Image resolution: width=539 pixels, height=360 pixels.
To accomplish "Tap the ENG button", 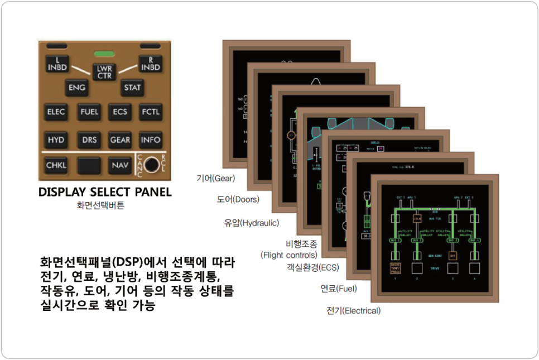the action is click(x=76, y=88).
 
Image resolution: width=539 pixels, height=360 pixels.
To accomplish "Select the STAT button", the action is click(x=132, y=88).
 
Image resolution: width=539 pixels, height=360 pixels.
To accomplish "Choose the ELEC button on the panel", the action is click(x=56, y=112).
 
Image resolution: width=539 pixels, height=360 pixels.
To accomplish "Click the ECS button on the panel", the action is click(x=120, y=112).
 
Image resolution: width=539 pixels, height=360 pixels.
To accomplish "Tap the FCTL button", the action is click(x=150, y=112).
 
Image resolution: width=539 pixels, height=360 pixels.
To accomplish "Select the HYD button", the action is click(x=56, y=140).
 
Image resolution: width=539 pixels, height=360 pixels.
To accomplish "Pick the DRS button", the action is click(x=89, y=140).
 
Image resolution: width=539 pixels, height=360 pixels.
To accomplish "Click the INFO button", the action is click(x=150, y=140).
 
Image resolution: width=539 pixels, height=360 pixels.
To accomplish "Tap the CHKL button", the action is click(x=56, y=165).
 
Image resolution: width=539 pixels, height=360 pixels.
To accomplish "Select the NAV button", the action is click(x=120, y=165).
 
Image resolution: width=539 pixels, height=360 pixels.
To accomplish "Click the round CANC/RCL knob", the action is click(x=151, y=165).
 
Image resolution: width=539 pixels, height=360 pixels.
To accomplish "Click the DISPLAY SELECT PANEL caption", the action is click(x=105, y=192).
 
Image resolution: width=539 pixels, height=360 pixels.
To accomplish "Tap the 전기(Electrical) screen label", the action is click(x=354, y=310).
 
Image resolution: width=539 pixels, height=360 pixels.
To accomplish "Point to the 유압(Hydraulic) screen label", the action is click(x=251, y=223).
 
